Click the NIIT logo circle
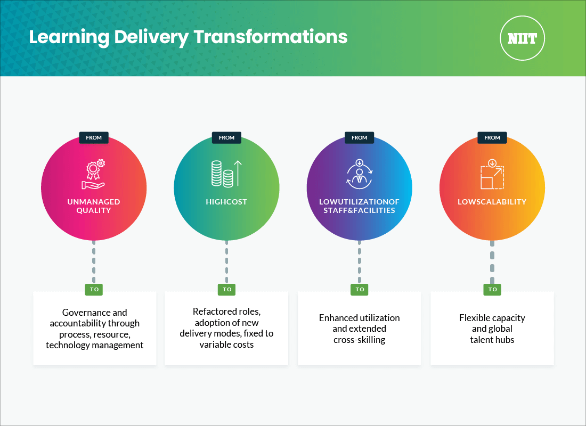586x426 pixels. click(x=522, y=38)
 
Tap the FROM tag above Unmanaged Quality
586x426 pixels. click(x=94, y=137)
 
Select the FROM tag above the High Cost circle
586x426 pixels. click(x=226, y=137)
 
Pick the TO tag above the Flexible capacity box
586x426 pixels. click(x=492, y=290)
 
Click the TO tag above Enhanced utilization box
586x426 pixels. click(x=360, y=290)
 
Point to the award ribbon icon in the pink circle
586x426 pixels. click(x=93, y=174)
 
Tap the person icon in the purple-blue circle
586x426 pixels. click(x=359, y=174)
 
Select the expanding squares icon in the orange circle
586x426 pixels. click(x=492, y=174)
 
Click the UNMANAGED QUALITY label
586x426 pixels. click(x=94, y=206)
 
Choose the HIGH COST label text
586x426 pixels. click(x=226, y=202)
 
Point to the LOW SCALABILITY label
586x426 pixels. click(x=492, y=202)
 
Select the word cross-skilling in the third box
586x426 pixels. click(x=360, y=340)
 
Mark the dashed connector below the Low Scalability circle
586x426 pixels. click(x=492, y=261)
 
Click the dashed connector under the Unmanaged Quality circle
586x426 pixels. click(x=94, y=261)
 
